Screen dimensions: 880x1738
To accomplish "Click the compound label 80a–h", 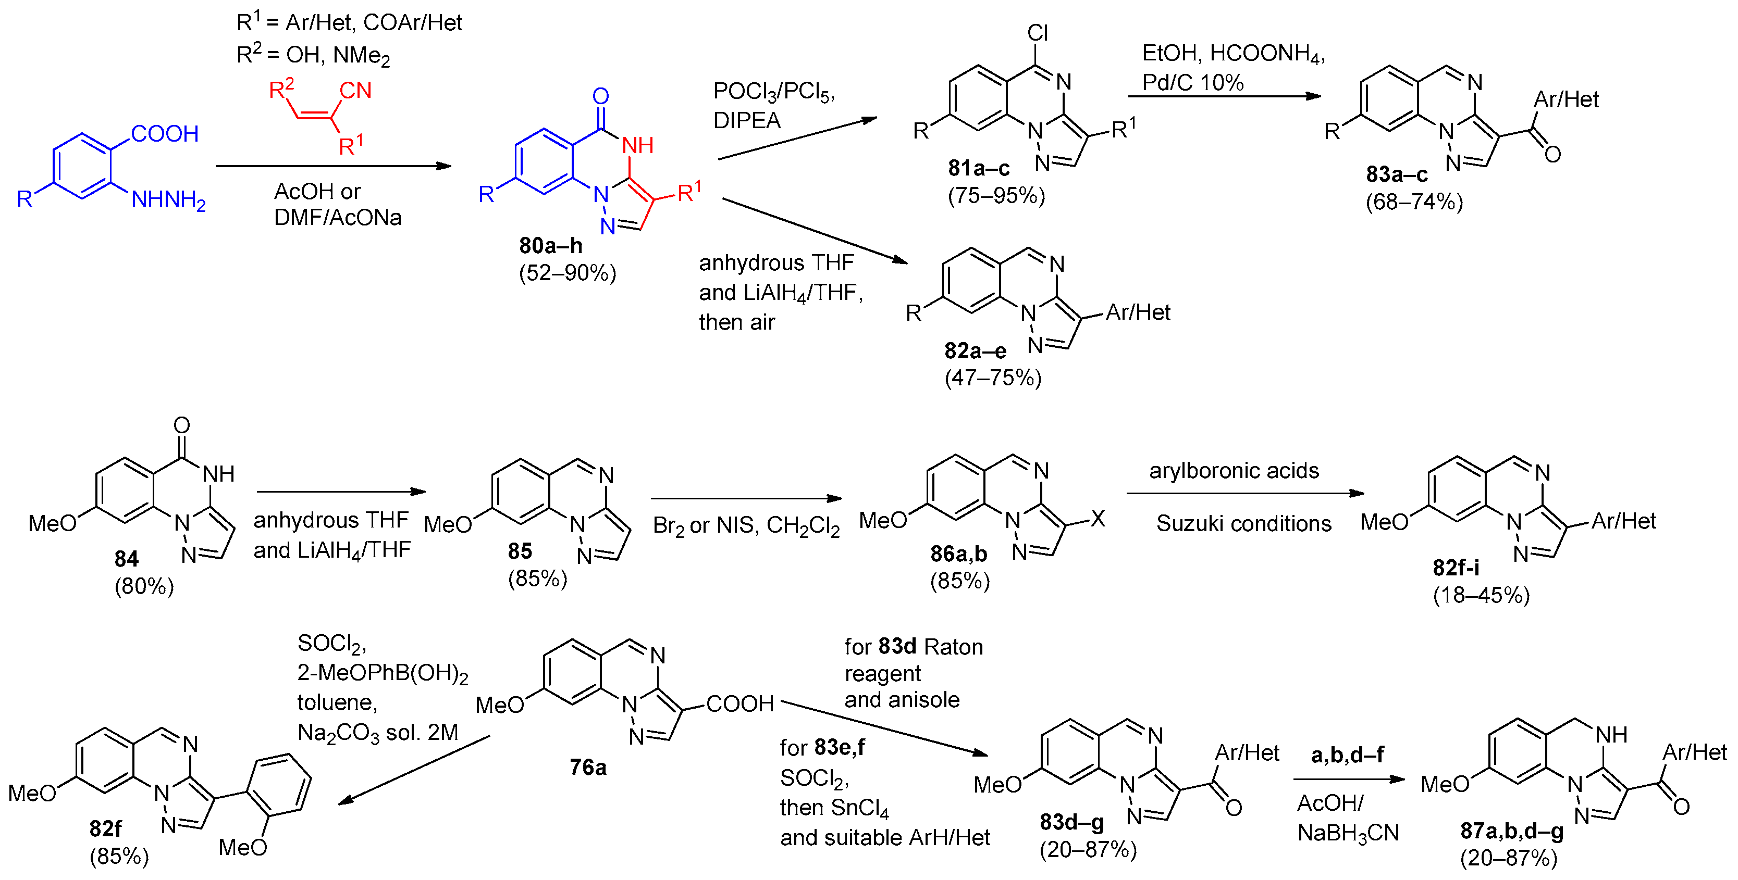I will pos(550,245).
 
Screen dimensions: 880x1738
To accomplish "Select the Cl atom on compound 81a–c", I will pos(1037,32).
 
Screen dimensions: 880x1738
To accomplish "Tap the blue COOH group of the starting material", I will pos(165,133).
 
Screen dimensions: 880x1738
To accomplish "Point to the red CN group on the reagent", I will pos(355,91).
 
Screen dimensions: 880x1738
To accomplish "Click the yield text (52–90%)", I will pos(568,273).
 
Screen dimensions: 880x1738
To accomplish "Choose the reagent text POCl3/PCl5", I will pos(774,92).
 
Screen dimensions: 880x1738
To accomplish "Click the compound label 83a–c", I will pos(1397,174).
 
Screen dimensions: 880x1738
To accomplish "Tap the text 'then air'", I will pos(737,322).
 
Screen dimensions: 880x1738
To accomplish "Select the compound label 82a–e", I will pos(975,350).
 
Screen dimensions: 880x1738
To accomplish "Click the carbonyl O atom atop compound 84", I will pos(181,425).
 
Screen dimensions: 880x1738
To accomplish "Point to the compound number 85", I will pos(520,551).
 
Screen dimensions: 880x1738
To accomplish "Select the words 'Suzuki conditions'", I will pos(1243,523).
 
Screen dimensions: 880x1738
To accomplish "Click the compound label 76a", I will pos(588,768).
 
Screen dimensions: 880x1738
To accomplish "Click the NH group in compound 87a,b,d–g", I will pos(1611,734).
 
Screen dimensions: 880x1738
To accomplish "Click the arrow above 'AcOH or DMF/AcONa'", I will pos(334,166).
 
